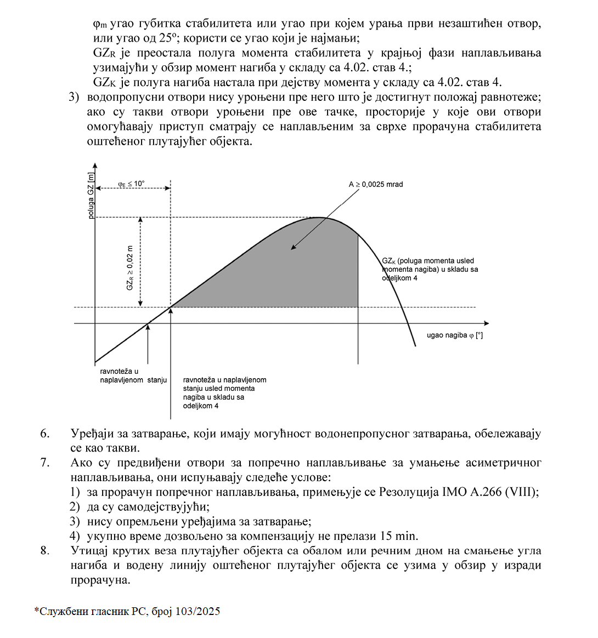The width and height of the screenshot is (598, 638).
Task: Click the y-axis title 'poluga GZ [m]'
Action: tap(91, 195)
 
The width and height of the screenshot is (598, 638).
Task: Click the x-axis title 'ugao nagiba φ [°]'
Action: tap(455, 335)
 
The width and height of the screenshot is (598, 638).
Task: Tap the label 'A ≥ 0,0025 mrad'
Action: tap(376, 184)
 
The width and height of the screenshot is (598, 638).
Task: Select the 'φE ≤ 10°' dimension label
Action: tap(131, 184)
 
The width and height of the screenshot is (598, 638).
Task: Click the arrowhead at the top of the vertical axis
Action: tap(95, 165)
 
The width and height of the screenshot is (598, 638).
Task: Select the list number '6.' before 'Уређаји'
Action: tap(44, 434)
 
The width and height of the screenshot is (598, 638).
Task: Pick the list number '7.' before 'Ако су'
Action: tap(44, 463)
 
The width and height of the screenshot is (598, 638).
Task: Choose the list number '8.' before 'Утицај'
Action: tap(44, 550)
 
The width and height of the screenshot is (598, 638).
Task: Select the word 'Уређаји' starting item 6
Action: tap(91, 434)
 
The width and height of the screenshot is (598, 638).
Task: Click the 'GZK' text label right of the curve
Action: tap(388, 261)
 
